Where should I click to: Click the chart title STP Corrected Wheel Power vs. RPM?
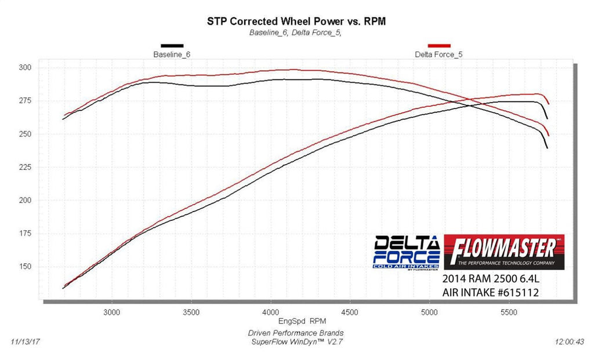tap(296, 21)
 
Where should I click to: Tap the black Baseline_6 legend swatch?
tap(172, 45)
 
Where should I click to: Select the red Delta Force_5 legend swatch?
tap(439, 45)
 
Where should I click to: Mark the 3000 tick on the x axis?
tap(111, 312)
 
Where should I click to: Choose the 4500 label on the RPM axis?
tap(350, 312)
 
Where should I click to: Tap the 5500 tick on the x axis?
tap(509, 312)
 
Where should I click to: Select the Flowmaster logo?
tap(504, 252)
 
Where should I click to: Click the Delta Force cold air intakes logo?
tap(406, 252)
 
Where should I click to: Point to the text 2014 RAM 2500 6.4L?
tap(491, 279)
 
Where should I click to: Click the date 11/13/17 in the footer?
tap(24, 342)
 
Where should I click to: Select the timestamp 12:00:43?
tap(569, 342)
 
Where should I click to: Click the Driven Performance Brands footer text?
tap(295, 333)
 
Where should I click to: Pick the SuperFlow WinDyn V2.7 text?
tap(295, 342)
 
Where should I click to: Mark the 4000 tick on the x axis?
tap(270, 312)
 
